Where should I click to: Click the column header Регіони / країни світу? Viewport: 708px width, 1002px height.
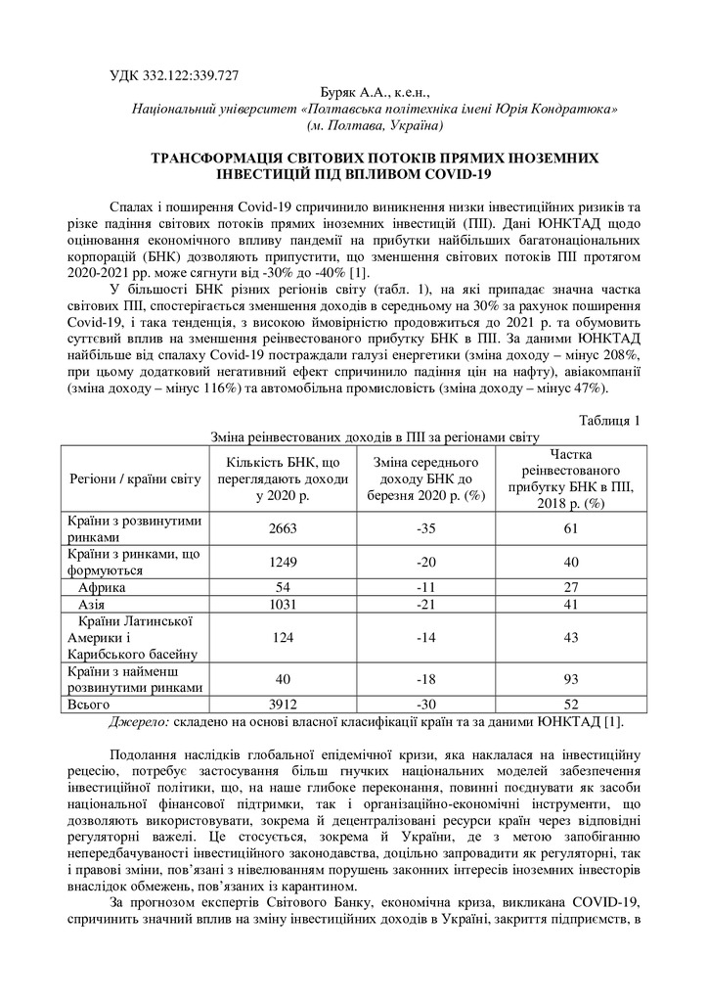[x=134, y=478]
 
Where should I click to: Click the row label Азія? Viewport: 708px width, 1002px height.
[x=92, y=605]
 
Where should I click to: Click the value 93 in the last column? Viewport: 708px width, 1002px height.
[x=571, y=679]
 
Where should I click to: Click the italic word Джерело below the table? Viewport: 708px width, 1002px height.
[x=137, y=721]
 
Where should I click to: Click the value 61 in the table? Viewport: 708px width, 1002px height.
[x=571, y=528]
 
